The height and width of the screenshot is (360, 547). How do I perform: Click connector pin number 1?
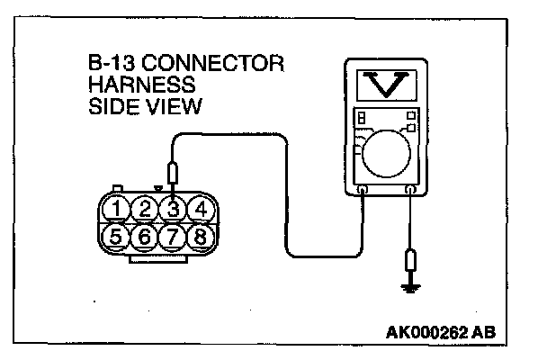pos(115,210)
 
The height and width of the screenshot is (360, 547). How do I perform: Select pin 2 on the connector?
pos(143,210)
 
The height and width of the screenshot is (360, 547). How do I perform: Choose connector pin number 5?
pos(114,238)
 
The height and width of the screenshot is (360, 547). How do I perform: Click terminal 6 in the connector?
pos(143,238)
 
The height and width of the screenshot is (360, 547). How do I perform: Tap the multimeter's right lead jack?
pos(411,191)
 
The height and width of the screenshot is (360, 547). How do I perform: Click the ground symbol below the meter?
pos(411,288)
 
